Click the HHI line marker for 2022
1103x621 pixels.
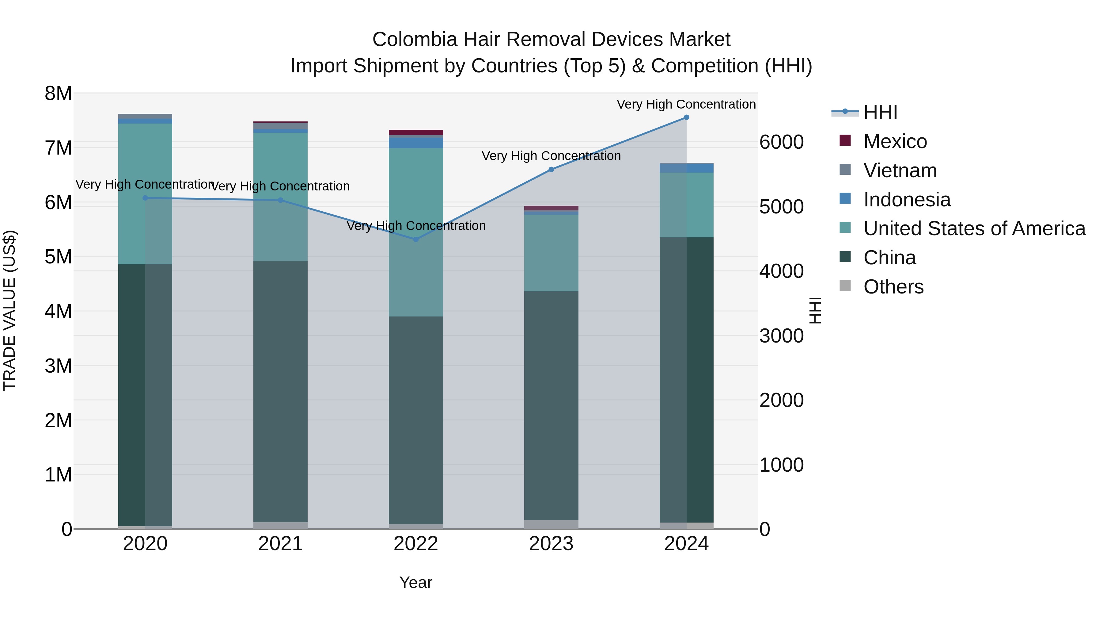tap(416, 240)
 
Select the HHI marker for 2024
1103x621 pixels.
tap(686, 117)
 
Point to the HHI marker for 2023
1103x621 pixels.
tap(551, 170)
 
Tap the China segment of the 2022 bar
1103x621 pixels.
tap(416, 420)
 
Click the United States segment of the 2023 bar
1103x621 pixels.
tap(551, 253)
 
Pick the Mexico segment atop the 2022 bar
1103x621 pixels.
tap(416, 132)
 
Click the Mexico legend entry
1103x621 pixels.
tap(895, 141)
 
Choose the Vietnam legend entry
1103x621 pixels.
tap(900, 171)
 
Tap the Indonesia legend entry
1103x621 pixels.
tap(907, 200)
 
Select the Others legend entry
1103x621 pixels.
tap(893, 287)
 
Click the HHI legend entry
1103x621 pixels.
tap(880, 112)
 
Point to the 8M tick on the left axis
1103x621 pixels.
tap(58, 94)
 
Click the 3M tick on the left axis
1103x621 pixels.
tap(58, 366)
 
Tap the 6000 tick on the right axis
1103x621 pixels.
tap(781, 142)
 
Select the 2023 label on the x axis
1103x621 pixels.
tap(551, 544)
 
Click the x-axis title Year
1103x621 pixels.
tap(416, 582)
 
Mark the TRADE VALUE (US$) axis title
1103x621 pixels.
tap(9, 310)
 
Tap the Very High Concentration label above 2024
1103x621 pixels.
tap(686, 104)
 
